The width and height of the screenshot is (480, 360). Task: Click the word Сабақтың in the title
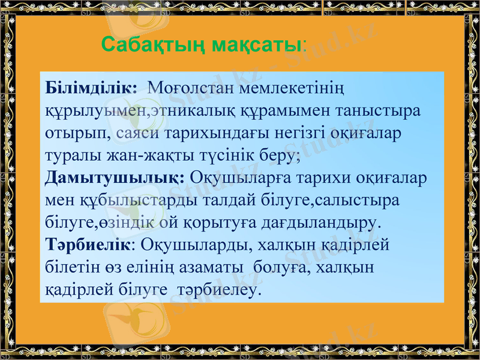[145, 44]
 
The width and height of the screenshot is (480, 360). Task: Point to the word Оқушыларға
[240, 178]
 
